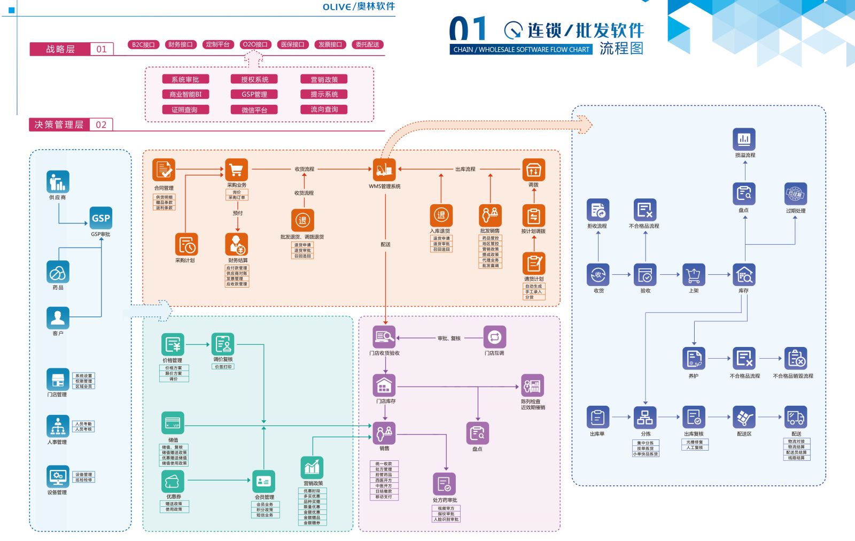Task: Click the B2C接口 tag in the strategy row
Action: pyautogui.click(x=143, y=44)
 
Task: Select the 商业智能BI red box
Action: pyautogui.click(x=185, y=94)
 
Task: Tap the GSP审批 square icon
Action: pyautogui.click(x=101, y=218)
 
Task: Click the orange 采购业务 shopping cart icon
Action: pyautogui.click(x=236, y=170)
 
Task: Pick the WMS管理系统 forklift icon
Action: pyautogui.click(x=384, y=170)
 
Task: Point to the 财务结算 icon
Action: pyautogui.click(x=237, y=244)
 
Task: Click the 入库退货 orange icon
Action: pyautogui.click(x=441, y=215)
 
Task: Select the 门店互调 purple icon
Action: pyautogui.click(x=494, y=337)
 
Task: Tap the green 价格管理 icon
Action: pyautogui.click(x=173, y=345)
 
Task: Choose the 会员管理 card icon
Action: pyautogui.click(x=264, y=481)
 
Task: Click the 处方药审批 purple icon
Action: pyautogui.click(x=444, y=484)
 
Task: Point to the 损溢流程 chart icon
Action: pyautogui.click(x=744, y=140)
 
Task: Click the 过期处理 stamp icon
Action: pyautogui.click(x=796, y=194)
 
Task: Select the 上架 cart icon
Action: pyautogui.click(x=694, y=275)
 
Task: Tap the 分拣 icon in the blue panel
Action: pyautogui.click(x=645, y=418)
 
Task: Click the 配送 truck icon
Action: pyautogui.click(x=796, y=418)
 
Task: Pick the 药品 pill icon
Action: pyautogui.click(x=58, y=272)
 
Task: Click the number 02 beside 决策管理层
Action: pyautogui.click(x=101, y=125)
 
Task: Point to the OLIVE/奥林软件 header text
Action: pyautogui.click(x=359, y=6)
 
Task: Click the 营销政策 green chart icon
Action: pyautogui.click(x=312, y=468)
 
